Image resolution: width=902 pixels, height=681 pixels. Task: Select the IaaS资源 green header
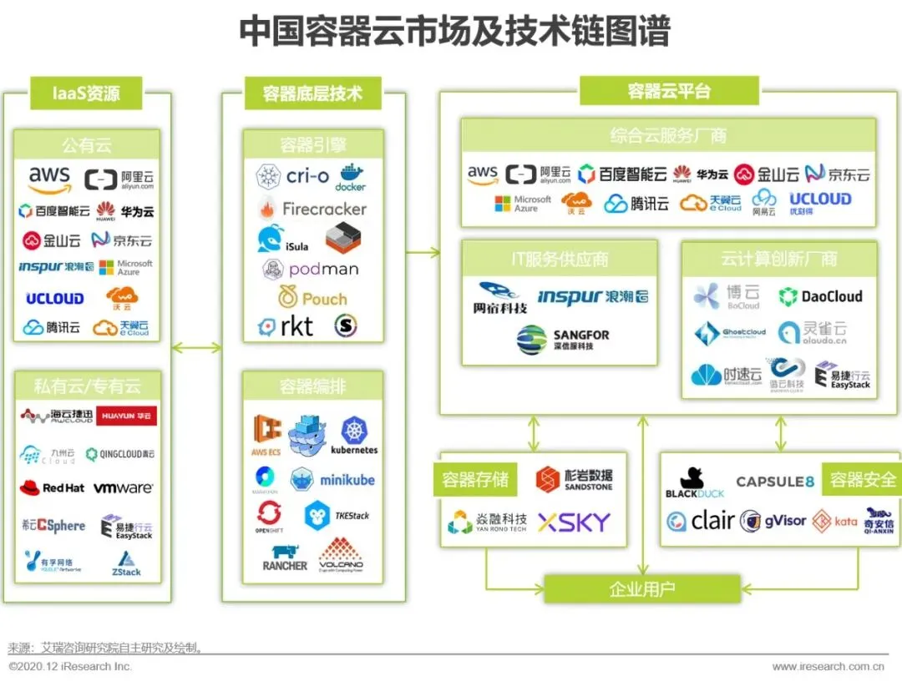click(87, 93)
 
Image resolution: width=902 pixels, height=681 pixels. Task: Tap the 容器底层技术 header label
click(312, 93)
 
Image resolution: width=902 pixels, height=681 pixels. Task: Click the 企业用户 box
click(641, 589)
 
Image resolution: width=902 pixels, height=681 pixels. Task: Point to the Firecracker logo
click(312, 209)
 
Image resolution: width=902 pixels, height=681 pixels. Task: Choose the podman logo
click(311, 269)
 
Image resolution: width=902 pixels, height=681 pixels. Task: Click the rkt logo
click(286, 326)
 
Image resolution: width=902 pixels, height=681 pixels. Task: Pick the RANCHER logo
click(285, 557)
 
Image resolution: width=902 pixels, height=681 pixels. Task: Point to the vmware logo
click(123, 487)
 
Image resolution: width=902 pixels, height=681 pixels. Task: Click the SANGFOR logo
click(563, 340)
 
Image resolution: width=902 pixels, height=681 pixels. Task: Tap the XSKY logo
click(574, 522)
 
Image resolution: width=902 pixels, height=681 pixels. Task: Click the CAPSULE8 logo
click(774, 482)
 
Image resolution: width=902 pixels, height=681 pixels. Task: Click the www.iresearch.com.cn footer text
click(828, 666)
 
